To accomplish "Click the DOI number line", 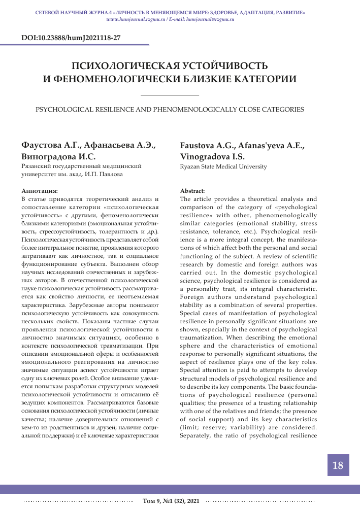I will pos(71,38).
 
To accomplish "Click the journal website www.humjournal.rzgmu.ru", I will pos(136,18).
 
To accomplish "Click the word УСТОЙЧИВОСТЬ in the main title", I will pos(226,66).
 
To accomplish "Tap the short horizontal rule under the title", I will pos(169,95).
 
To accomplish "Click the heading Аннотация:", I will pos(40,191).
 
